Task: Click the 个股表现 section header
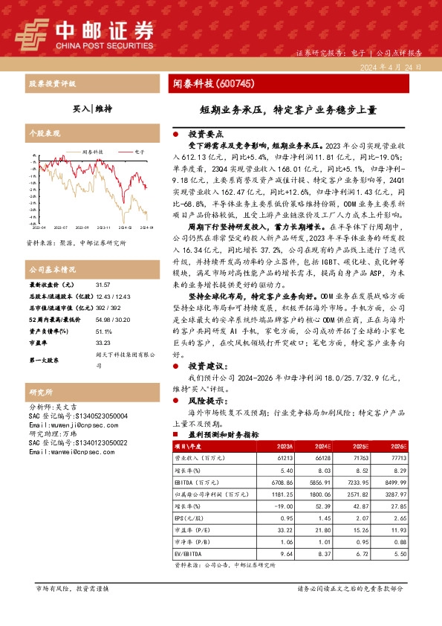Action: pyautogui.click(x=43, y=132)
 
